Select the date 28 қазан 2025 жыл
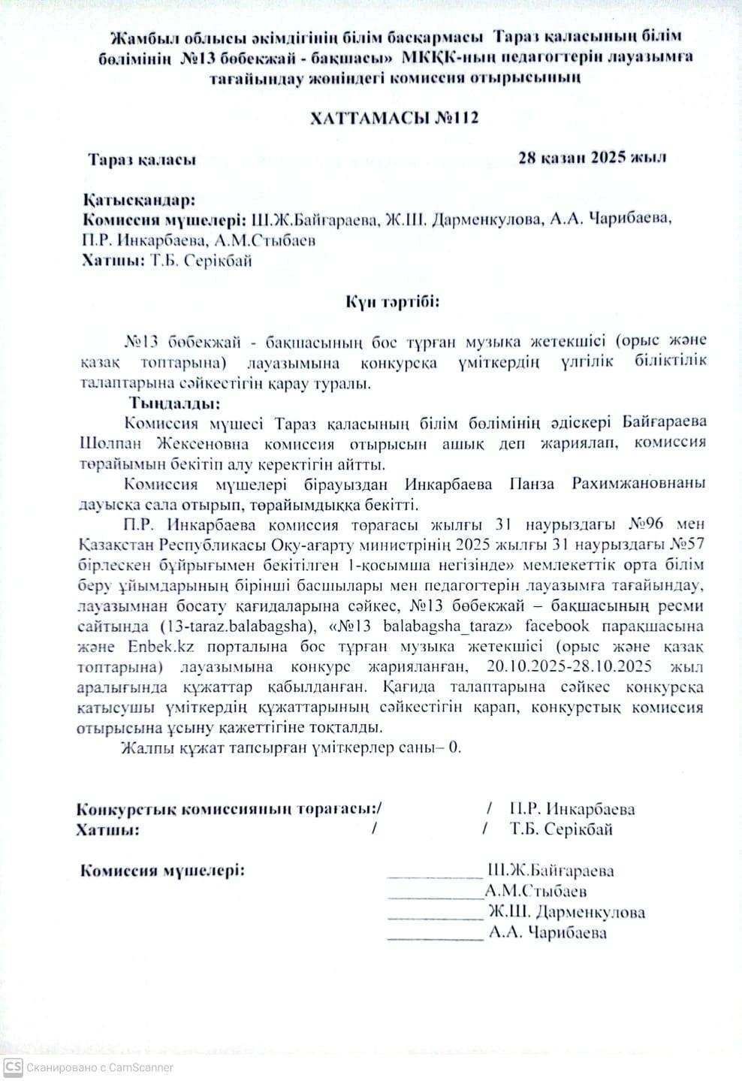click(592, 158)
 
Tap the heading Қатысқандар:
click(138, 201)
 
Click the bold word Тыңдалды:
click(174, 403)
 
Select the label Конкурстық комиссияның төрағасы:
click(228, 809)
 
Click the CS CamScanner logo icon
click(13, 1067)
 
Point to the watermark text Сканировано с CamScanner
click(100, 1067)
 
